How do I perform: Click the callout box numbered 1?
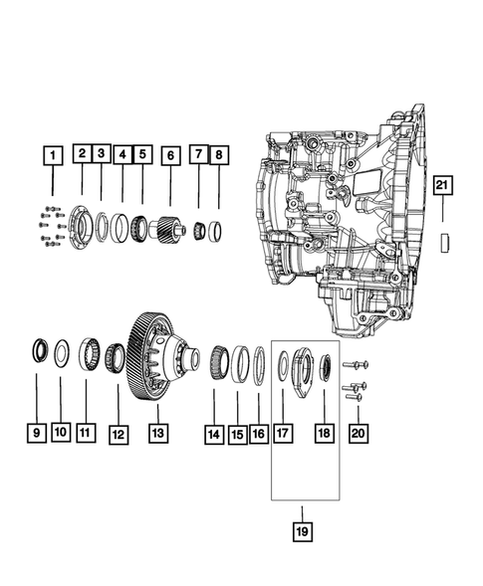(x=52, y=155)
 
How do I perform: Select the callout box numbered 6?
(x=170, y=156)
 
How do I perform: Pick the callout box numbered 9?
(x=38, y=433)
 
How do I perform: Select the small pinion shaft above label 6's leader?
(x=169, y=232)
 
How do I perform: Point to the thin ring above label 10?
(x=60, y=351)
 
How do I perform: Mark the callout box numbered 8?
(x=219, y=155)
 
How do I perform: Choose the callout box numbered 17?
(x=282, y=433)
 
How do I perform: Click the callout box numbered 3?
(x=103, y=154)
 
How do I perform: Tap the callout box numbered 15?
(x=237, y=433)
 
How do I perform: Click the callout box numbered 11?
(x=86, y=433)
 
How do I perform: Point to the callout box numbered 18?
(x=322, y=433)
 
